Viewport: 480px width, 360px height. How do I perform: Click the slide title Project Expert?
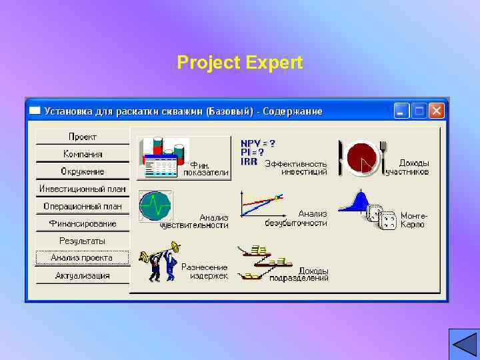tap(240, 63)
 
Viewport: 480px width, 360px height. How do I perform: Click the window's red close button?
tap(437, 111)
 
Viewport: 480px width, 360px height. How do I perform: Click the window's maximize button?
tap(419, 111)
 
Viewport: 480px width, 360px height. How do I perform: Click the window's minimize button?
tap(402, 111)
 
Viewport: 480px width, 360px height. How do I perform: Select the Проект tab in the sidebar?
tap(82, 137)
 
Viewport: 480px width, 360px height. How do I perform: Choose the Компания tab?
tap(82, 154)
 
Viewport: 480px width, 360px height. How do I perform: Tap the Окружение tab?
tap(82, 171)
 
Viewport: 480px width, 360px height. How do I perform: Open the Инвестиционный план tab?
tap(82, 189)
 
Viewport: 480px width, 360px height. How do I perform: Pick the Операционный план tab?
tap(82, 206)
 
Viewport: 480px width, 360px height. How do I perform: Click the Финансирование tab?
tap(82, 223)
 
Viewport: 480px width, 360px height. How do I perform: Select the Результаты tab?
tap(82, 241)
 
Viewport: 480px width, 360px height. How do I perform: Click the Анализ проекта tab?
tap(82, 258)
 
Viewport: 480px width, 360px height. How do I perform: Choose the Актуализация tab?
tap(82, 275)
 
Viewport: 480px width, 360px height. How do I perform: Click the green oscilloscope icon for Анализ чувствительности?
tap(155, 205)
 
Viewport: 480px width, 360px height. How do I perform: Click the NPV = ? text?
tap(257, 143)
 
